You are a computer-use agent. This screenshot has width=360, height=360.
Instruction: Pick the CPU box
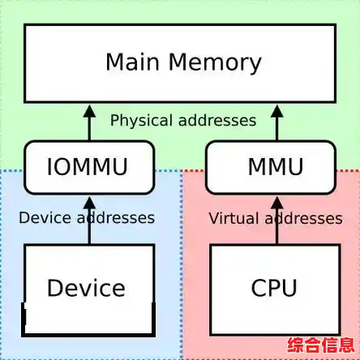274,288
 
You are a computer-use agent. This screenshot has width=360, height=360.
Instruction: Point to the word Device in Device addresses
43,217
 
